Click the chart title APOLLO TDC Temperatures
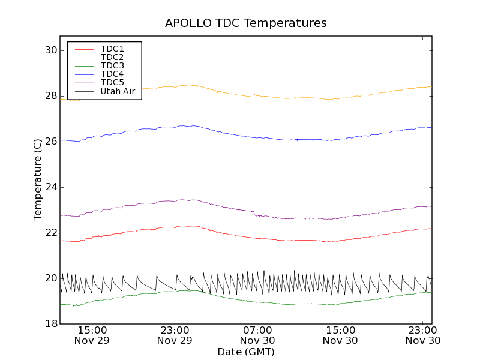coord(246,23)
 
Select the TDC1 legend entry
coord(112,49)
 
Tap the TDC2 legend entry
coord(112,57)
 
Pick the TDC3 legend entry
coord(112,65)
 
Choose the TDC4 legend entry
coord(112,74)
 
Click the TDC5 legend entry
coord(112,82)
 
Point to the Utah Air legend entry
coord(118,91)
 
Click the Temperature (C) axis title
coord(38,180)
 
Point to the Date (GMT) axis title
coord(246,352)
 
